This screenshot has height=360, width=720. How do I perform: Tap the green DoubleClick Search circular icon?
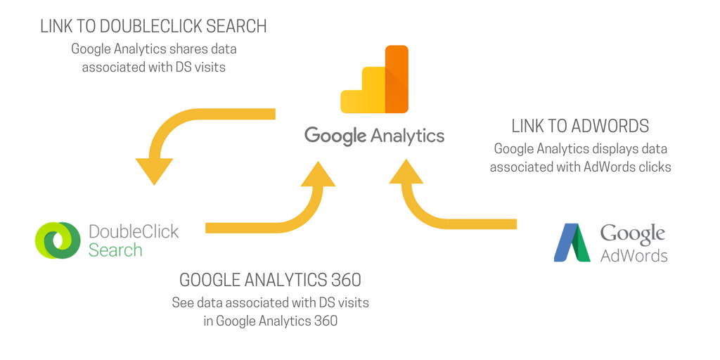(x=58, y=240)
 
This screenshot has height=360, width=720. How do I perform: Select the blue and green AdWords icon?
(x=572, y=243)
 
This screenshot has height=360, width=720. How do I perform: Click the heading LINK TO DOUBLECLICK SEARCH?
(x=153, y=27)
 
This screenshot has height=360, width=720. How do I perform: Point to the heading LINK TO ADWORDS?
(x=580, y=127)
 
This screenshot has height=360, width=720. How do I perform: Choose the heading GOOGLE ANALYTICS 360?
(x=270, y=280)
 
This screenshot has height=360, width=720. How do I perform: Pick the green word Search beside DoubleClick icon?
(x=115, y=250)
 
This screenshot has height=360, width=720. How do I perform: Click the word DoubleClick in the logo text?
(x=134, y=231)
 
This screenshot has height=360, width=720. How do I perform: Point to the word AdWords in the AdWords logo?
(x=634, y=255)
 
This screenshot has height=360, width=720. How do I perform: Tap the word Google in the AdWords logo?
(x=633, y=234)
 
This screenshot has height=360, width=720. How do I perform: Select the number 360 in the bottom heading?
(x=345, y=280)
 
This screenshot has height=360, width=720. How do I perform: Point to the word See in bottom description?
(x=182, y=303)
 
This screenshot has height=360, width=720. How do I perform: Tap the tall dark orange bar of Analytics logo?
(x=397, y=79)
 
